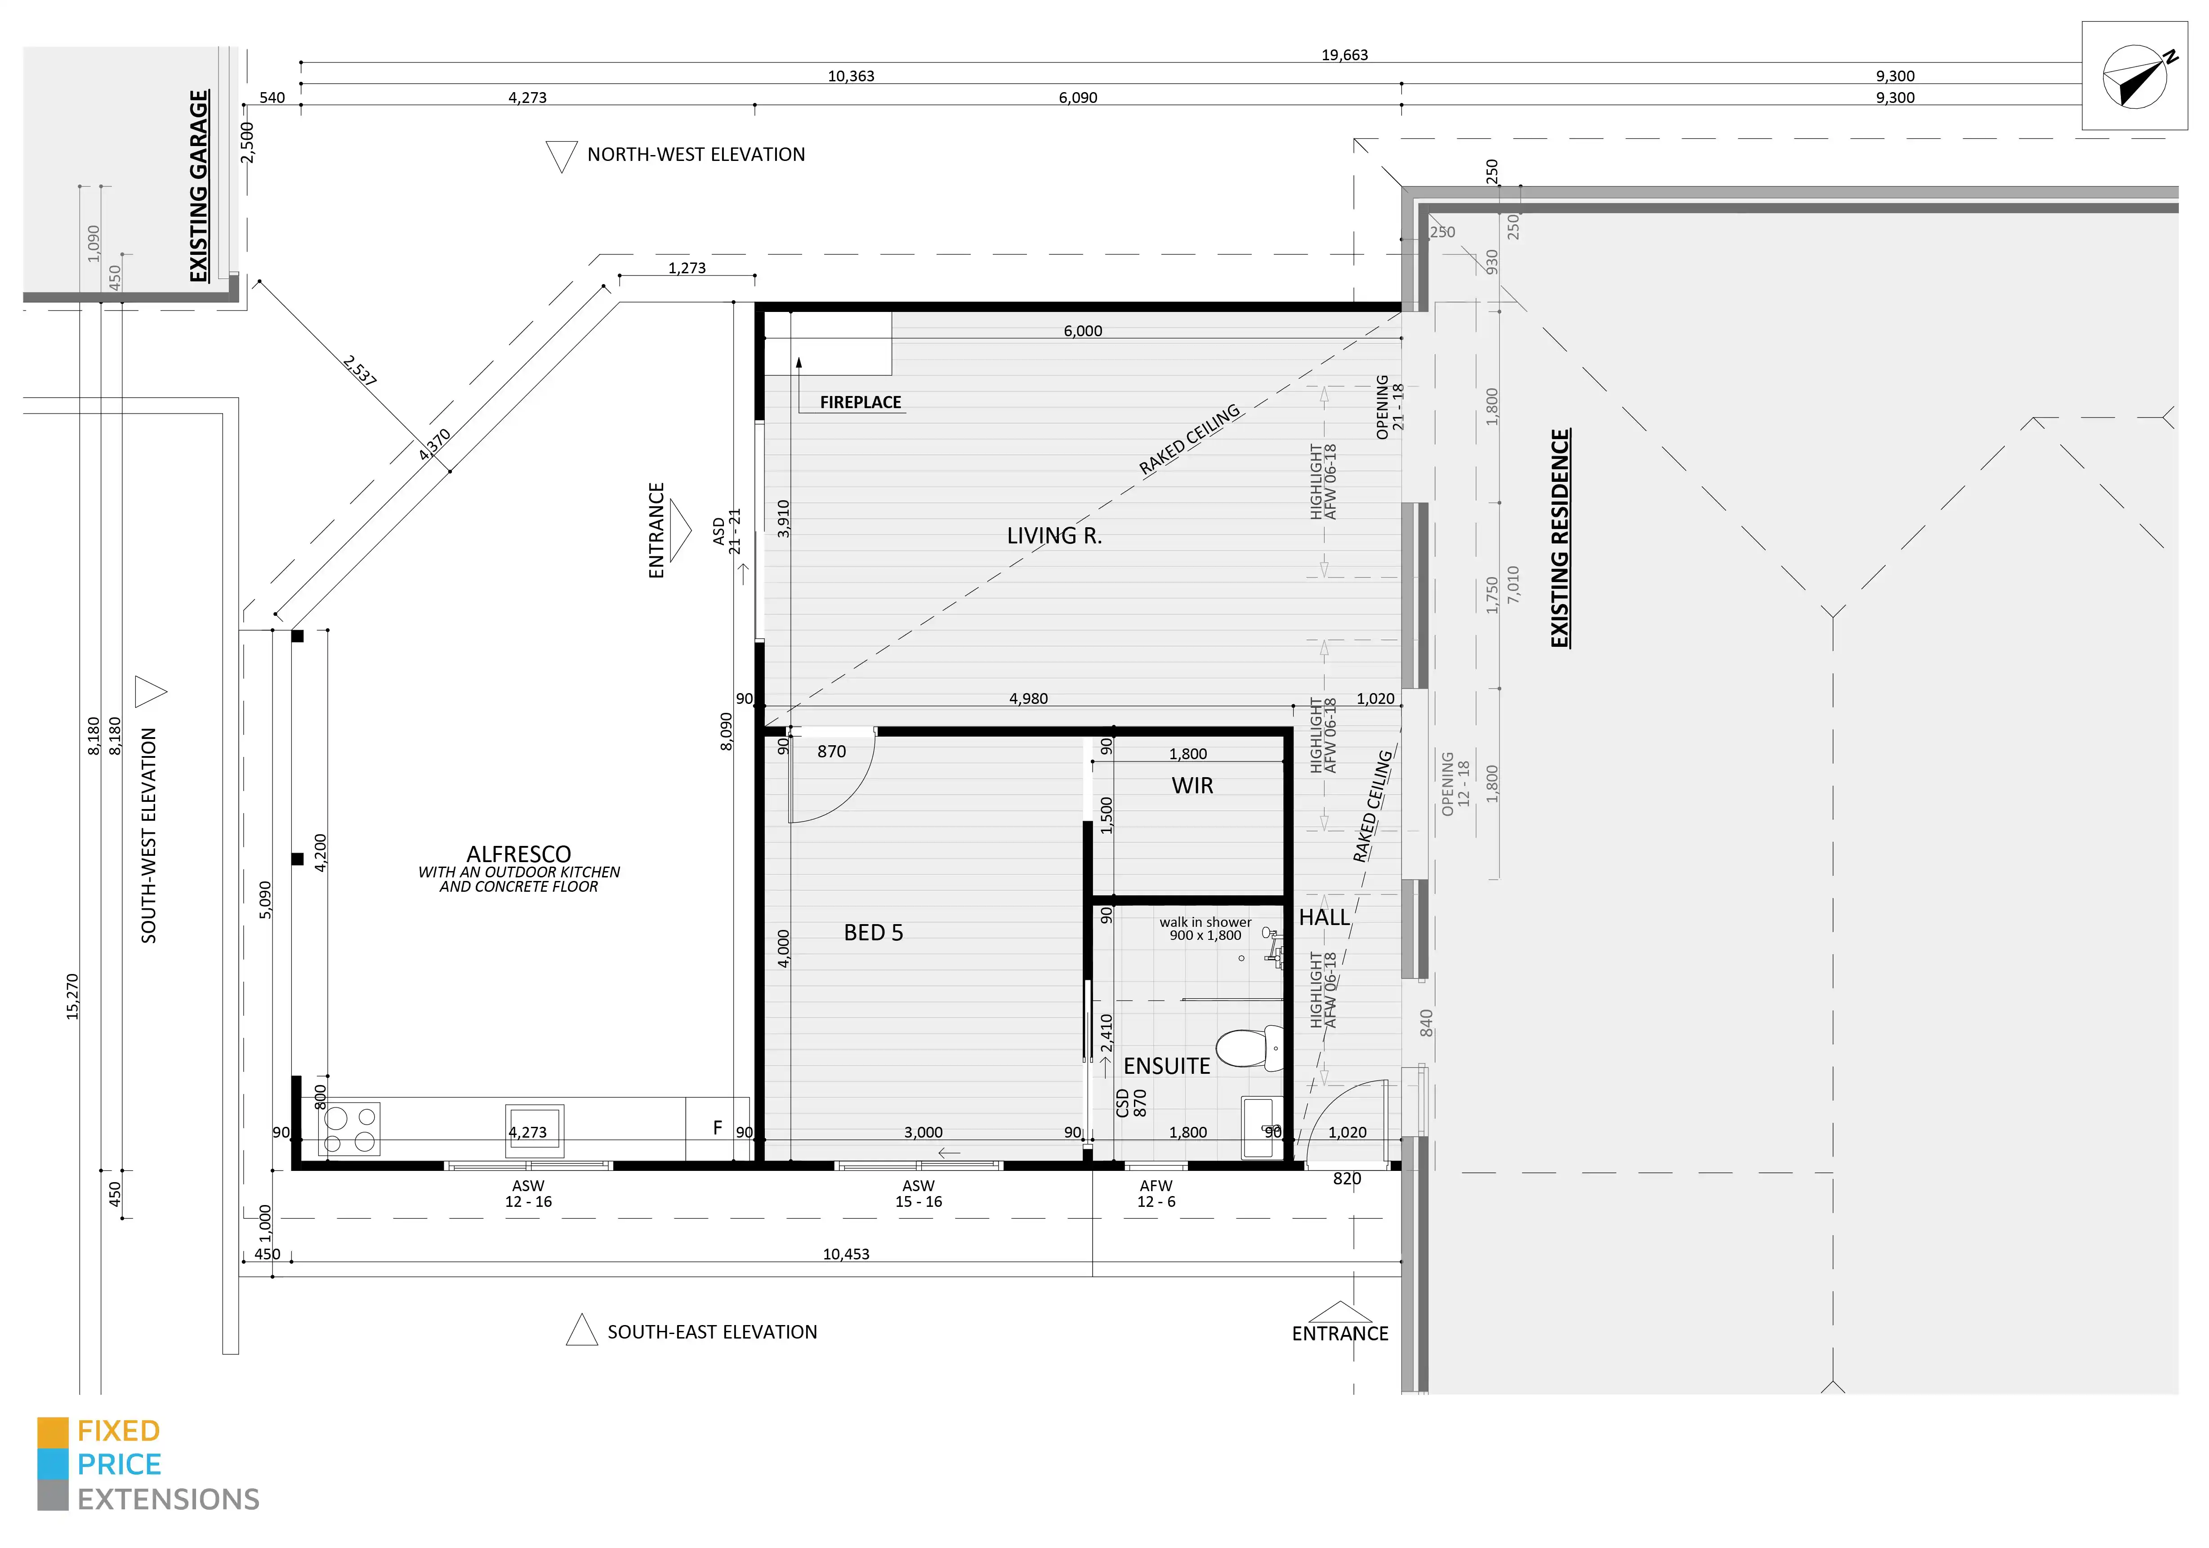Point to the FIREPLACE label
(860, 402)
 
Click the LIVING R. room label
(1053, 536)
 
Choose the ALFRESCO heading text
(518, 854)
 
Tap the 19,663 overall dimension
(1344, 55)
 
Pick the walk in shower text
(1205, 922)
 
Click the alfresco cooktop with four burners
(349, 1129)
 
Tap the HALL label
(1324, 918)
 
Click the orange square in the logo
(53, 1432)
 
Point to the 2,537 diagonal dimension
(359, 370)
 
